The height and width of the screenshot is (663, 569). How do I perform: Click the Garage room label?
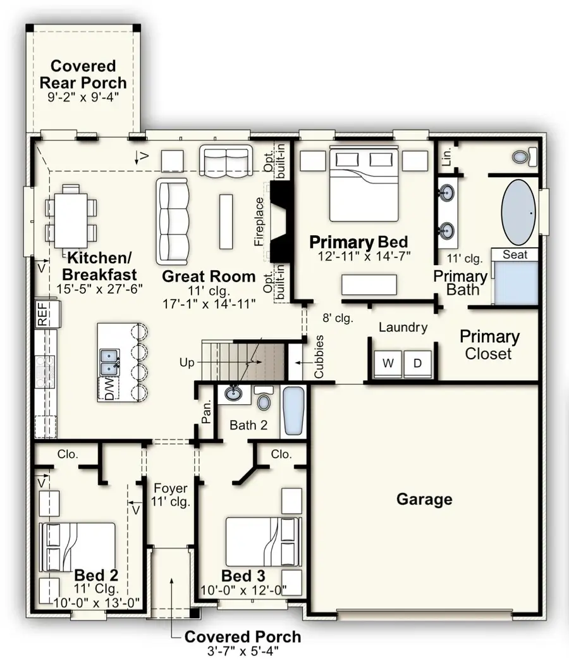[424, 499]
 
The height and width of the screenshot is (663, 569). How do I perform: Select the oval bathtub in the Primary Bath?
[518, 213]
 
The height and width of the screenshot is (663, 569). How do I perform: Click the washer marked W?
[388, 363]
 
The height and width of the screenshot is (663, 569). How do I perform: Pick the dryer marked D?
[417, 363]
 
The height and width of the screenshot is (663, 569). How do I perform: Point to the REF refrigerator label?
[42, 314]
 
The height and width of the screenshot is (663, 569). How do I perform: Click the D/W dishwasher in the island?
[109, 388]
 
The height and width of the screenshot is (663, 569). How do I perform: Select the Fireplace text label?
[259, 221]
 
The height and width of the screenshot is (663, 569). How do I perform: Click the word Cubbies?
[319, 357]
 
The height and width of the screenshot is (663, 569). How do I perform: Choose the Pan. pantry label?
[206, 412]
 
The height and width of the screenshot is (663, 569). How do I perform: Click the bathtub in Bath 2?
[293, 411]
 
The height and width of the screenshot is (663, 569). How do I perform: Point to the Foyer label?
[170, 488]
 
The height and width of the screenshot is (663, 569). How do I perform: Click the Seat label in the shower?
[515, 254]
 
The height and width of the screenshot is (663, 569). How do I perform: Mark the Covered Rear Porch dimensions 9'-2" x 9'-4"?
[83, 97]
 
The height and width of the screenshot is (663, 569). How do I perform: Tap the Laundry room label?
[403, 327]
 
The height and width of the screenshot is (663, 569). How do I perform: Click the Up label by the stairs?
[187, 362]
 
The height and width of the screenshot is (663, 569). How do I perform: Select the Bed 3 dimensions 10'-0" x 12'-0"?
[243, 590]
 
